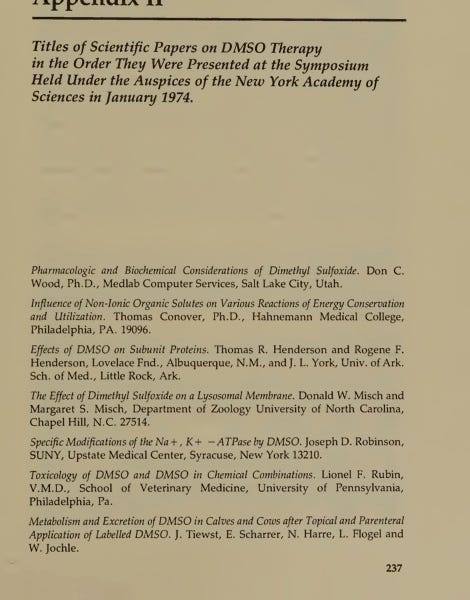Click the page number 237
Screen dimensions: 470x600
[392, 569]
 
